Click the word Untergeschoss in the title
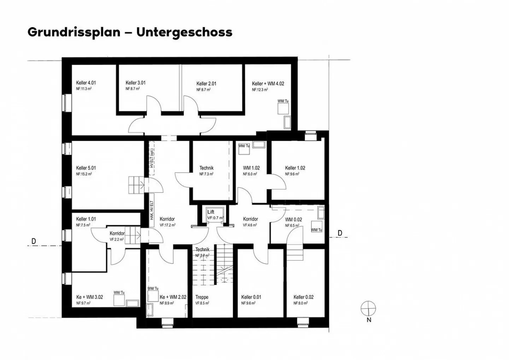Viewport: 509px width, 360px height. (x=184, y=32)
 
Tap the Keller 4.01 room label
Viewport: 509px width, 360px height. (x=86, y=83)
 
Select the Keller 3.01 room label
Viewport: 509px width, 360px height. (x=135, y=83)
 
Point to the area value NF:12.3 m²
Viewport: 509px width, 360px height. (x=260, y=90)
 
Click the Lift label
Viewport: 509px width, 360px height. (x=211, y=212)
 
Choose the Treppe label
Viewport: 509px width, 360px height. (x=202, y=297)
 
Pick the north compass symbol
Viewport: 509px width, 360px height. (x=368, y=308)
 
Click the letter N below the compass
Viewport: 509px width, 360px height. (x=369, y=320)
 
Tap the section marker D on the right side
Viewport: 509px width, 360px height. (x=340, y=233)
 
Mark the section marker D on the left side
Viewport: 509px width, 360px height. (x=34, y=241)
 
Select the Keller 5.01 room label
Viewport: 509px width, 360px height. (x=86, y=168)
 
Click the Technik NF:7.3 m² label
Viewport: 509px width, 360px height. (x=206, y=171)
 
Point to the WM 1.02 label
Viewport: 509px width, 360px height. (x=251, y=168)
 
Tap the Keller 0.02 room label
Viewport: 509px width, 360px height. (x=303, y=297)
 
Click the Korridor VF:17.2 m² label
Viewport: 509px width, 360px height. (x=167, y=222)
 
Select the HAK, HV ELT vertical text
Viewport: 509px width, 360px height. (x=152, y=211)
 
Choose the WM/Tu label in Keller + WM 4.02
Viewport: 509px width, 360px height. (x=283, y=101)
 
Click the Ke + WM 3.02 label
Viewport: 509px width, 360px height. (x=89, y=297)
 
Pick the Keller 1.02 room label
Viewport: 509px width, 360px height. (x=295, y=168)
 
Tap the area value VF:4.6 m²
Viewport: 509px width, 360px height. (x=250, y=225)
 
